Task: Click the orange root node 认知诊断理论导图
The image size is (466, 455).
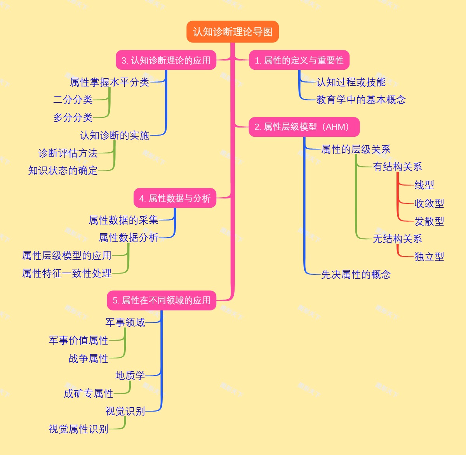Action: pyautogui.click(x=233, y=32)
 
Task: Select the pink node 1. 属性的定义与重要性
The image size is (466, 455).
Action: pyautogui.click(x=299, y=60)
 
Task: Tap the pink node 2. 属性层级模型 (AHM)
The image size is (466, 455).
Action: pyautogui.click(x=304, y=127)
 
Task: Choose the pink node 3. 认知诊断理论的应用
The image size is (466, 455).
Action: pyautogui.click(x=166, y=60)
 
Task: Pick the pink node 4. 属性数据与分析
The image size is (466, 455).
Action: pyautogui.click(x=175, y=198)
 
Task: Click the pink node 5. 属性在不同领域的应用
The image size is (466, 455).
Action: pyautogui.click(x=162, y=300)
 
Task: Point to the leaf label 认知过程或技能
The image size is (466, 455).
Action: pyautogui.click(x=351, y=82)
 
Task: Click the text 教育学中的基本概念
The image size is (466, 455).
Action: pyautogui.click(x=361, y=100)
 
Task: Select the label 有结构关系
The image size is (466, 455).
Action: pyautogui.click(x=397, y=167)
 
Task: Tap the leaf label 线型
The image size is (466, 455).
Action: pyautogui.click(x=424, y=185)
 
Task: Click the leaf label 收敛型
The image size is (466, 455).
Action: pyautogui.click(x=429, y=203)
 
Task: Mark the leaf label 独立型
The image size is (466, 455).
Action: pyautogui.click(x=429, y=257)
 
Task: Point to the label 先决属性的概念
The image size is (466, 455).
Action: pyautogui.click(x=356, y=275)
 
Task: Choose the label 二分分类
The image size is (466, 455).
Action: pyautogui.click(x=73, y=100)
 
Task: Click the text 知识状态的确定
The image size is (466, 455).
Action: pyautogui.click(x=63, y=171)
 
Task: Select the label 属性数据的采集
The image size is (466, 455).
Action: pyautogui.click(x=123, y=220)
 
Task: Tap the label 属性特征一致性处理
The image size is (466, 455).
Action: pyautogui.click(x=67, y=273)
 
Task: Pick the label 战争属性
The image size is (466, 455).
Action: pyautogui.click(x=89, y=358)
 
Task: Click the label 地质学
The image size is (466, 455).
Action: pyautogui.click(x=130, y=376)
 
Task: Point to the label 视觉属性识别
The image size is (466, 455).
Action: pyautogui.click(x=78, y=429)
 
